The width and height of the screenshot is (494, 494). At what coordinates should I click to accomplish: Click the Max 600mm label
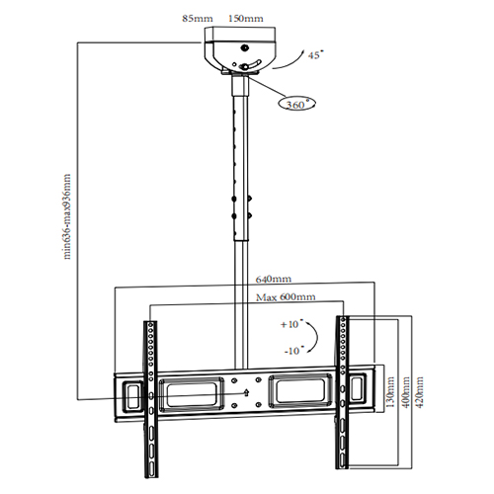(x=285, y=296)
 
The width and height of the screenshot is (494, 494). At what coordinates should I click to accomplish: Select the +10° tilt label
(x=289, y=324)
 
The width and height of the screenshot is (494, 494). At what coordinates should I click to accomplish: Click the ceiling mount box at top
(x=244, y=49)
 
